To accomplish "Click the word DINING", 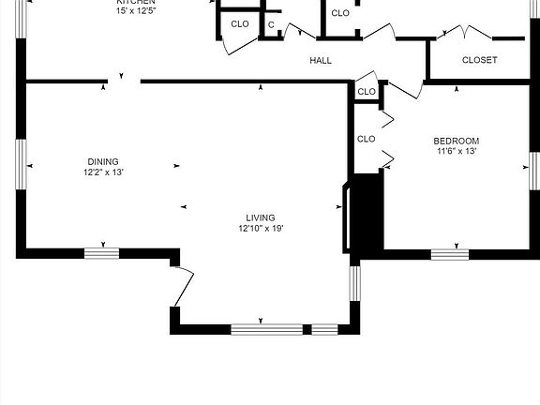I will (x=103, y=161).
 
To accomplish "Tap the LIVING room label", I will (x=261, y=217).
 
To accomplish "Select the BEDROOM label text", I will (x=457, y=140).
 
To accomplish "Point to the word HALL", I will (x=321, y=61).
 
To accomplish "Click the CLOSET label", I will (x=480, y=61).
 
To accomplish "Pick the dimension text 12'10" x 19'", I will (x=261, y=228).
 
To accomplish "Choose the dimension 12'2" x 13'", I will (x=103, y=172).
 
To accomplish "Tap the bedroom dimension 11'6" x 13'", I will (x=457, y=150).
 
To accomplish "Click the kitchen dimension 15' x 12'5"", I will (x=135, y=11).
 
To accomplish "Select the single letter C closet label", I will (x=271, y=24).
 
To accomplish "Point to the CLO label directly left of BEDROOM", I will (x=367, y=139).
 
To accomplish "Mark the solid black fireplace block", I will (x=367, y=214).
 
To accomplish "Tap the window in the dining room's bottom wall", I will (x=101, y=252).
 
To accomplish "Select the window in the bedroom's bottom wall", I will (x=449, y=253).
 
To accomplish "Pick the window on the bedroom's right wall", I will (x=532, y=170).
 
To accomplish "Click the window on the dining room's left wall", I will (x=20, y=164).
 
